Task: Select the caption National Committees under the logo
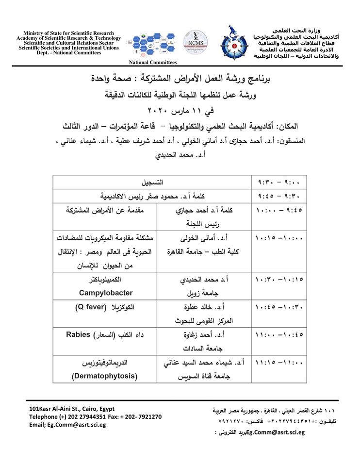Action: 152,63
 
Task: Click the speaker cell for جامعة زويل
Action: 203,287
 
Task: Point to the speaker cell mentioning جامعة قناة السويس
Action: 203,369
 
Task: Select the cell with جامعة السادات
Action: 203,342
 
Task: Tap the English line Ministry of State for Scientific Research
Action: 68,33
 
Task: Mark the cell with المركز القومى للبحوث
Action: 203,314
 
